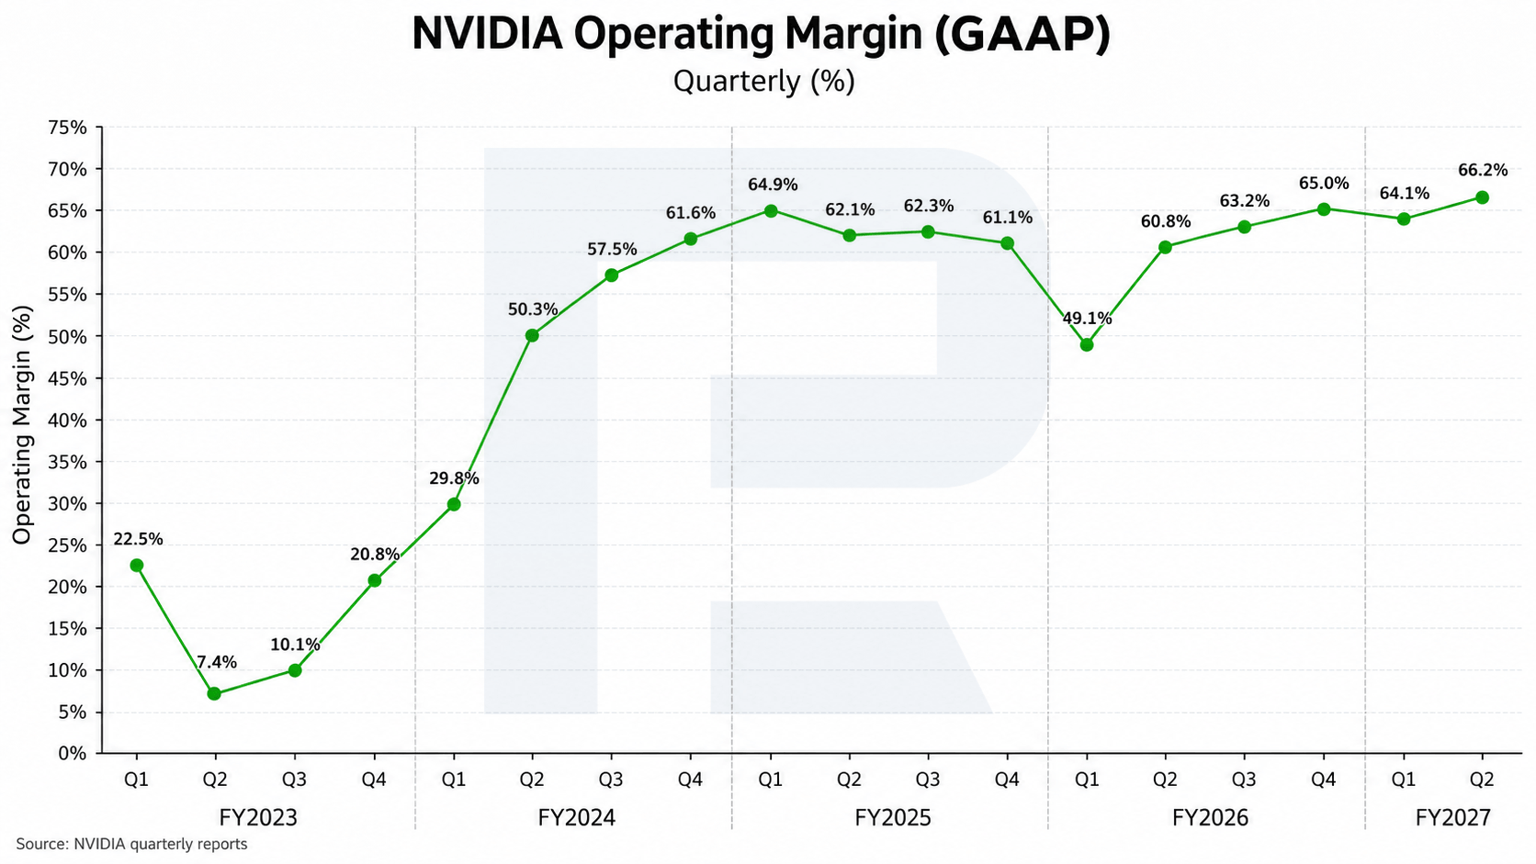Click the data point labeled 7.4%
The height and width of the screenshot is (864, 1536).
coord(214,693)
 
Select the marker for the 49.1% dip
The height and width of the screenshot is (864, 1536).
coord(1086,344)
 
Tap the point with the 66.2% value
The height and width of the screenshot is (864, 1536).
coord(1482,197)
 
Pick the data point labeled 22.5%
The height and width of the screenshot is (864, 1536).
coord(137,566)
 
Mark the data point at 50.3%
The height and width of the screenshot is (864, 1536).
coord(532,335)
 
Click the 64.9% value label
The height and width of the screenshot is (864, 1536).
coord(773,185)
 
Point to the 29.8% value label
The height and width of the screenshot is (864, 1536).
coord(454,478)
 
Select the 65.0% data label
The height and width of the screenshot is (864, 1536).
coord(1324,183)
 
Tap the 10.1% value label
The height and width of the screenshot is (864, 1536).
coord(295,644)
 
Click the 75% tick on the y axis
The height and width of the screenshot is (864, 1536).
coord(67,128)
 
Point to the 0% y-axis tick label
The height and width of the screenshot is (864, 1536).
coord(73,754)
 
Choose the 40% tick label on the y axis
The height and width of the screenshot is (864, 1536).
coord(67,420)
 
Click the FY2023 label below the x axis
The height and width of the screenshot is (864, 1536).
coord(258,817)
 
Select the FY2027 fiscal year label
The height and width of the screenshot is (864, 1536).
coord(1453,817)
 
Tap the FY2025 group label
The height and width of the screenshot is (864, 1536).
coord(893,817)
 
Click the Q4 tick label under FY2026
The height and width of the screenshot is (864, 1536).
coord(1324,779)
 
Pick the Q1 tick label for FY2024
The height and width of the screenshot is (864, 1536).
coord(454,779)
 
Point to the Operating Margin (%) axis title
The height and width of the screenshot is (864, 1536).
coord(22,425)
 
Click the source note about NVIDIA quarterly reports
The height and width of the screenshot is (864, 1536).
coord(131,844)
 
